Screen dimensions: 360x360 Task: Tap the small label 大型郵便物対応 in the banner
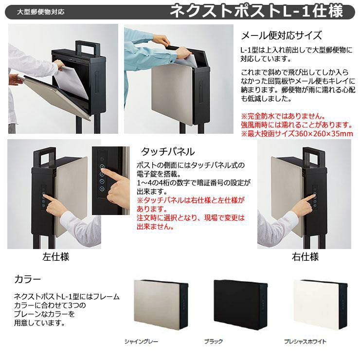41,12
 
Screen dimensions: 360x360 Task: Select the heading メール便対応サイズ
281,36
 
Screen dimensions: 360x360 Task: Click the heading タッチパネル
168,151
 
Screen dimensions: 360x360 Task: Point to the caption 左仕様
56,257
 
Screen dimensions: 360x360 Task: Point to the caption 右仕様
305,257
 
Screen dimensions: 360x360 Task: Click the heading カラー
28,279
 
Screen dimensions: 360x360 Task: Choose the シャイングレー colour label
141,342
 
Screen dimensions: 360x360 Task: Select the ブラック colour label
214,342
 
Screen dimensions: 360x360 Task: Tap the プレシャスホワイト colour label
305,342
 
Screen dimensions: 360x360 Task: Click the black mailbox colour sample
240,304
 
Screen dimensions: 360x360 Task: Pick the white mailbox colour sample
320,304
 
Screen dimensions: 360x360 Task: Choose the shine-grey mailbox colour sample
161,304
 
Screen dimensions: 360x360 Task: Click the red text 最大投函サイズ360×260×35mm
297,133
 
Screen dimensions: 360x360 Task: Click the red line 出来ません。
155,227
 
